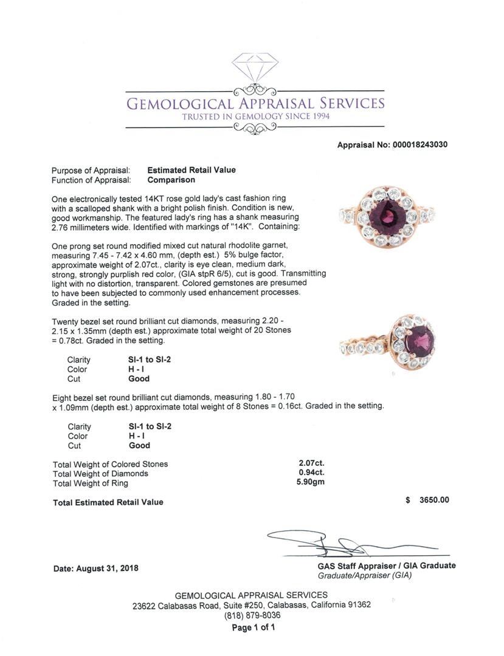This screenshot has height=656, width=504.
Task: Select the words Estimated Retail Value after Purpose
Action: coord(192,170)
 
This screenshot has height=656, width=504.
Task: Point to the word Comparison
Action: coord(171,180)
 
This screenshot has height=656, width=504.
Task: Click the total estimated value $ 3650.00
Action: coord(427,500)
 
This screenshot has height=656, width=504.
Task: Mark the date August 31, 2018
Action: coord(95,569)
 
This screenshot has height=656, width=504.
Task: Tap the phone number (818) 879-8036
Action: coord(252,615)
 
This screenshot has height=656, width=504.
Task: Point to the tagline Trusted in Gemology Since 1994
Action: coord(255,117)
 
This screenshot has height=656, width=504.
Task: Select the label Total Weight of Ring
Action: coord(91,483)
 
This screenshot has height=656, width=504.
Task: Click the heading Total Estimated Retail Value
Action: coord(108,502)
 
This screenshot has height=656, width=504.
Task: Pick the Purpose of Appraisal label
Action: coord(91,171)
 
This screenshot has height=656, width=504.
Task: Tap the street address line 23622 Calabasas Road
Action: coord(252,605)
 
